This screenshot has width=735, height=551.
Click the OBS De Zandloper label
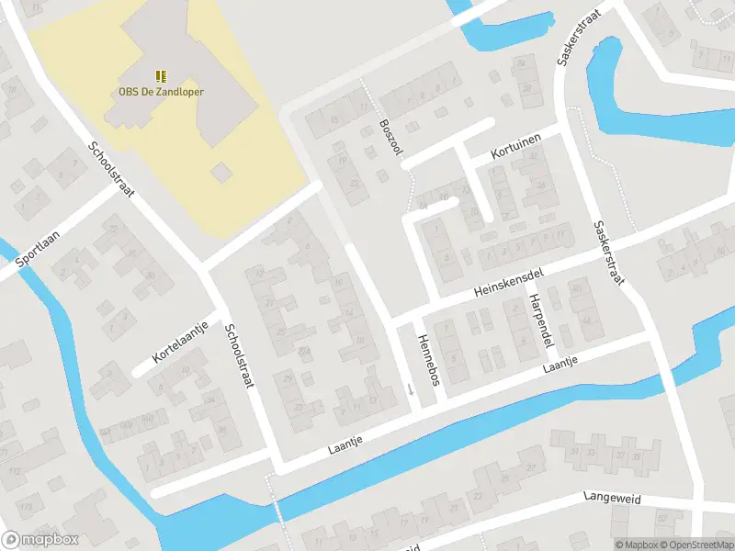pyautogui.click(x=161, y=92)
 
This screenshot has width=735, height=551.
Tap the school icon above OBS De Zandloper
pyautogui.click(x=161, y=75)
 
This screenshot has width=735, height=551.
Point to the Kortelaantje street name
pyautogui.click(x=182, y=341)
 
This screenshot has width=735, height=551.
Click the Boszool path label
pyautogui.click(x=391, y=139)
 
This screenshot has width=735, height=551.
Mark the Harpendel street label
pyautogui.click(x=539, y=321)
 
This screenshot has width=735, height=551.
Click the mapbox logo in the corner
pyautogui.click(x=40, y=540)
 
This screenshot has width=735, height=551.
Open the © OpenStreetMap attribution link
pyautogui.click(x=695, y=545)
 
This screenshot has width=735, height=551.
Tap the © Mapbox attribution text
pyautogui.click(x=637, y=545)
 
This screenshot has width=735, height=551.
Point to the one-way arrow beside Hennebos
pyautogui.click(x=411, y=390)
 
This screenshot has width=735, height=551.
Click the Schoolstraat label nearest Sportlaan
pyautogui.click(x=112, y=170)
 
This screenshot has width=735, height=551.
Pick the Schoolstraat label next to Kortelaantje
pyautogui.click(x=238, y=358)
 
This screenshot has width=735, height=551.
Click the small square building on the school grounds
pyautogui.click(x=221, y=173)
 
